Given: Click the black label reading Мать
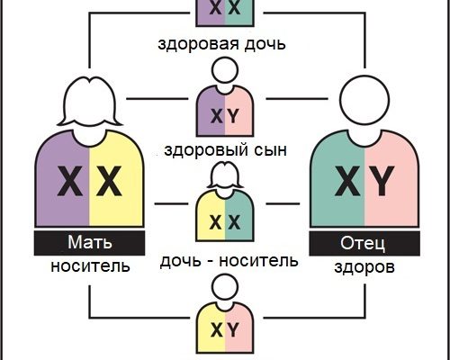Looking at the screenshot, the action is point(89,243).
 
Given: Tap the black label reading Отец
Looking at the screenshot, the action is point(364,244).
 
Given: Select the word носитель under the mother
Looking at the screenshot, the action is point(90,265).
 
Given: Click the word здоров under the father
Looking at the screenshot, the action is point(364,266).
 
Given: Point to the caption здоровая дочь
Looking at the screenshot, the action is point(221,44).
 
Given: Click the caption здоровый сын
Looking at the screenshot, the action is point(225,150).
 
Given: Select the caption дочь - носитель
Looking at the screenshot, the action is point(229,261).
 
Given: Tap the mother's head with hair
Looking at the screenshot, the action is point(90,101).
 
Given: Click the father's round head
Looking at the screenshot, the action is point(364,100).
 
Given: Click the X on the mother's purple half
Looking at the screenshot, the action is point(69,181).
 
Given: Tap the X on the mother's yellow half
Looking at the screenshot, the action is point(109,181).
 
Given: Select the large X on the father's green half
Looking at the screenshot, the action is point(347,181).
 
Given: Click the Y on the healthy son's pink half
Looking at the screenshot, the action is point(233,116).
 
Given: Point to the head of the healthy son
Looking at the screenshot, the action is point(225,70).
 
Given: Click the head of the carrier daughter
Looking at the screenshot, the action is point(225,175).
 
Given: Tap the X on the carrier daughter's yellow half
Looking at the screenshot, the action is point(215,222).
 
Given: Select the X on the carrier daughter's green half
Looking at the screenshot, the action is point(234,222).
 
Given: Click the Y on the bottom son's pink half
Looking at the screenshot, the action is point(233,330).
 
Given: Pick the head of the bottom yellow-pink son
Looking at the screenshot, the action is point(225,286).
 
